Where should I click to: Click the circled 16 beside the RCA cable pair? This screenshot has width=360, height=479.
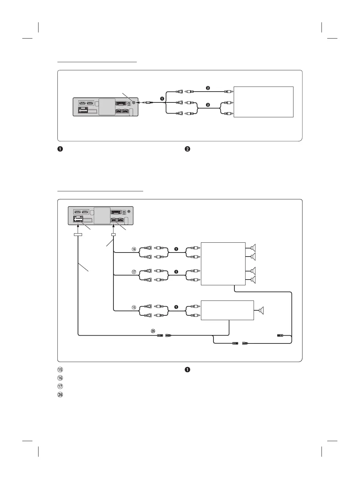pyautogui.click(x=134, y=249)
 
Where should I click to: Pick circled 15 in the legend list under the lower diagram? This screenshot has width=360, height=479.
pyautogui.click(x=60, y=370)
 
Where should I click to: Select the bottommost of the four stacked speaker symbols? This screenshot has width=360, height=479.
pyautogui.click(x=253, y=280)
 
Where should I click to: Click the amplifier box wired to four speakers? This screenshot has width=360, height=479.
pyautogui.click(x=223, y=264)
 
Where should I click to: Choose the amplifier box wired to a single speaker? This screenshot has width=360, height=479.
pyautogui.click(x=227, y=310)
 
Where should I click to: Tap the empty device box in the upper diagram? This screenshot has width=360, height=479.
pyautogui.click(x=263, y=102)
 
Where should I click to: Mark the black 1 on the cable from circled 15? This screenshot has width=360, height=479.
pyautogui.click(x=176, y=307)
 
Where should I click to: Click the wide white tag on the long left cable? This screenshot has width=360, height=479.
pyautogui.click(x=78, y=234)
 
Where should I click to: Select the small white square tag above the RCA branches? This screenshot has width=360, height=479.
pyautogui.click(x=113, y=234)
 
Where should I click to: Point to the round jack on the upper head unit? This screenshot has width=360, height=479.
pyautogui.click(x=134, y=102)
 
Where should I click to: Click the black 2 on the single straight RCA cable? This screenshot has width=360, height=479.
pyautogui.click(x=208, y=88)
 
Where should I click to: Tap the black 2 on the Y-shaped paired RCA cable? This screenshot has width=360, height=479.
pyautogui.click(x=208, y=105)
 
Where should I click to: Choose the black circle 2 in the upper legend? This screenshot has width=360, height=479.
pyautogui.click(x=187, y=149)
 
